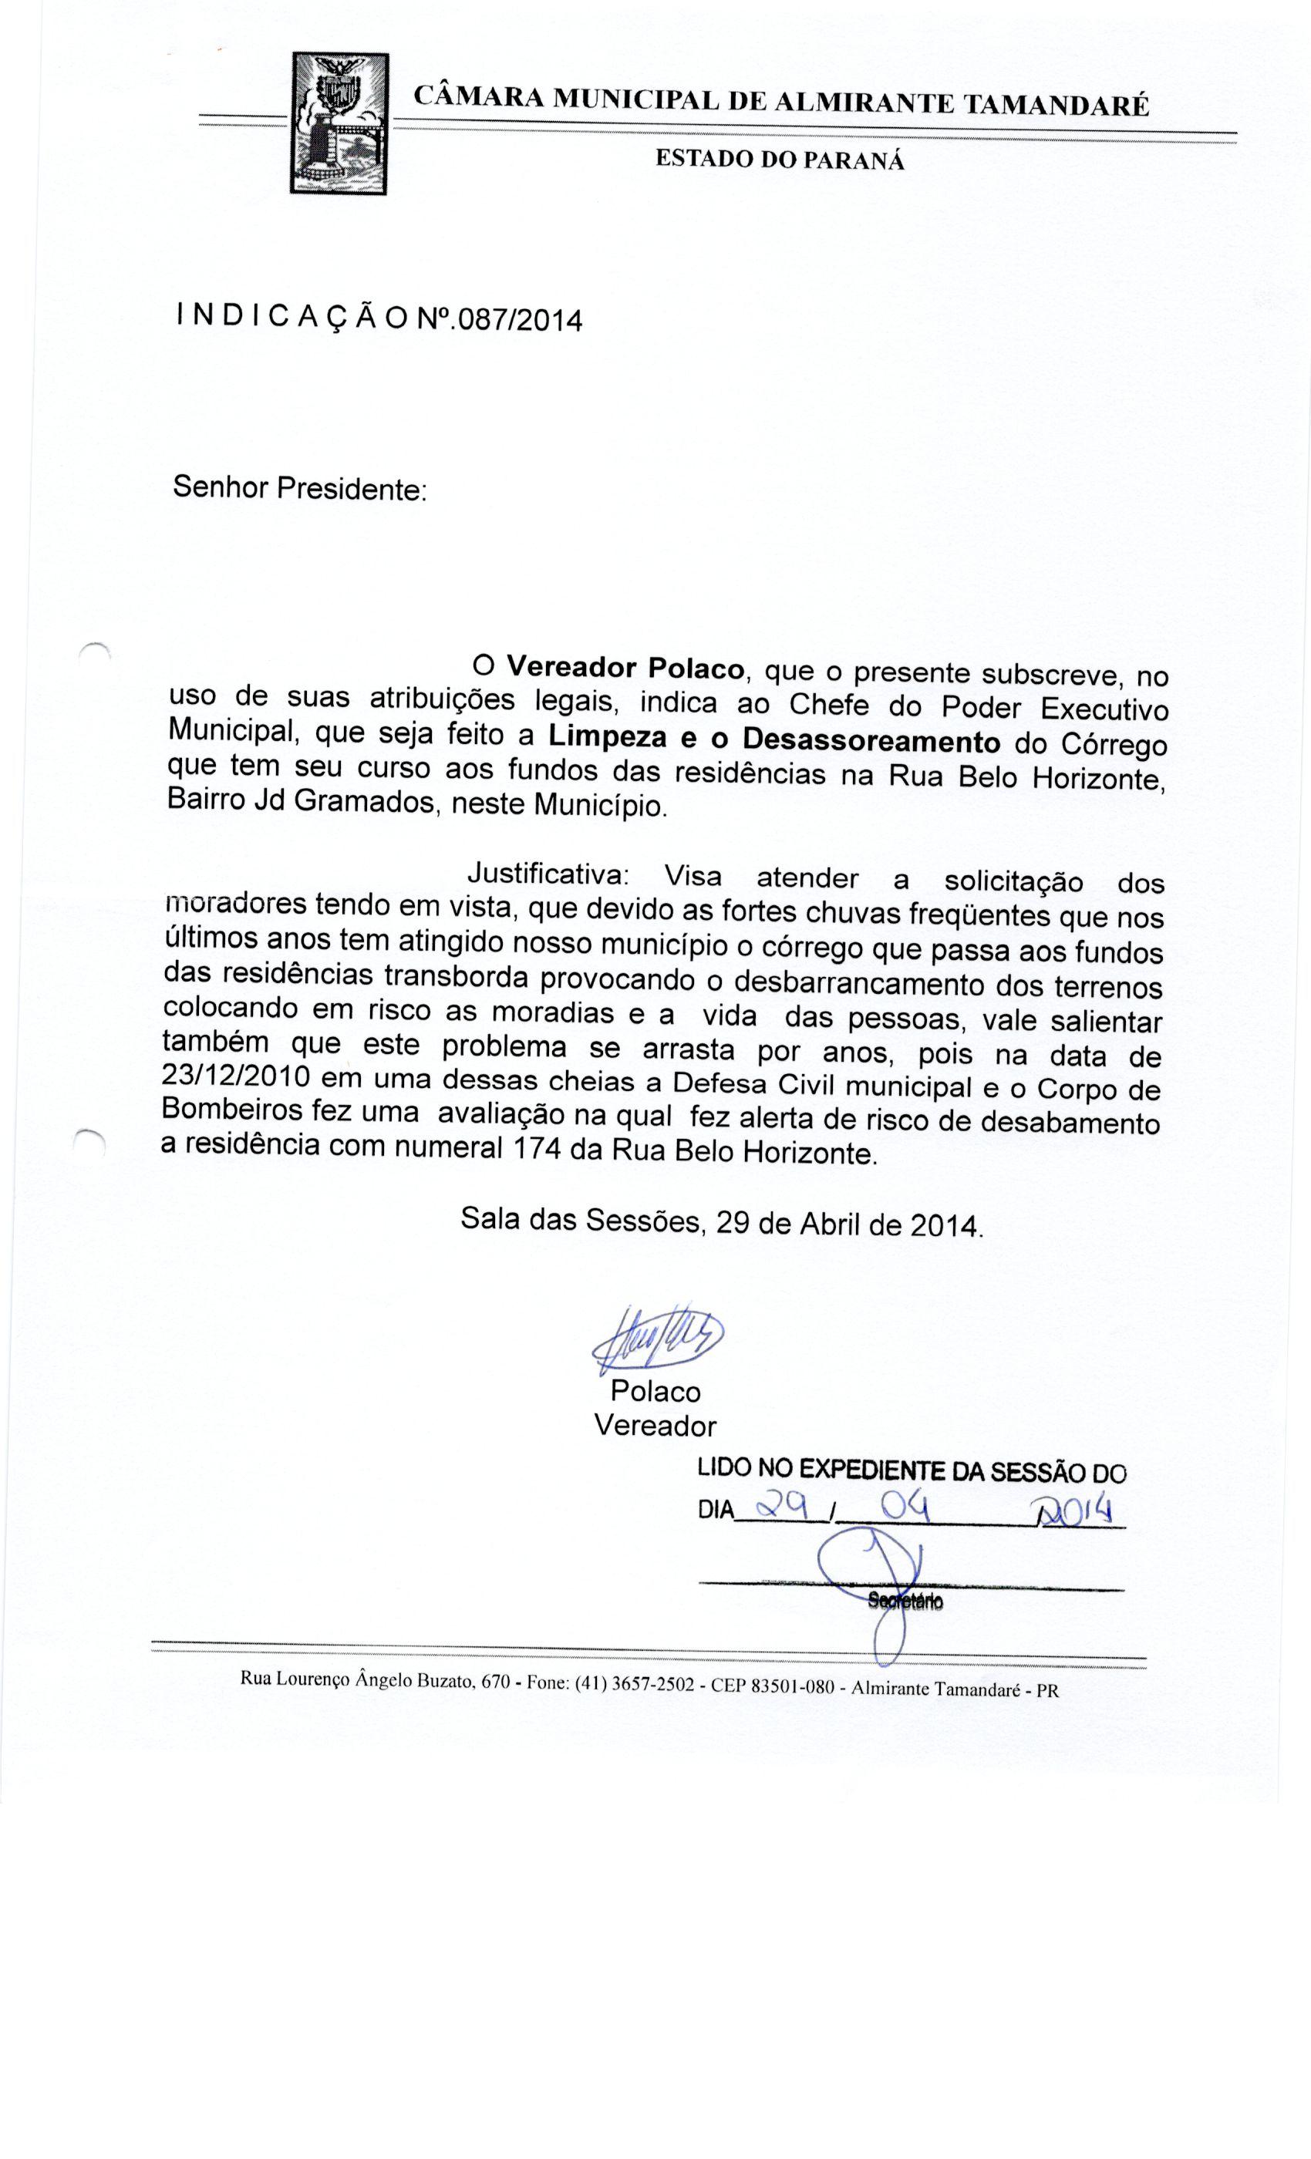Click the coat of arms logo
tap(339, 123)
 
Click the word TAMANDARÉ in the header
tap(1055, 105)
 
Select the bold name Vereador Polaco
tap(625, 669)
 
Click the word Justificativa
tap(548, 874)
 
